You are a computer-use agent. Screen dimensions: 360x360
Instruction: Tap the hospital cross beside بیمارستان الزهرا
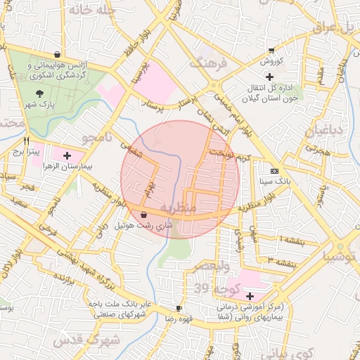coord(67,155)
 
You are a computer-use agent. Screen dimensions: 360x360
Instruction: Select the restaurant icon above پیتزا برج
coord(27,141)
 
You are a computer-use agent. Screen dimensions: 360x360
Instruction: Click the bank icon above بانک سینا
coord(274,171)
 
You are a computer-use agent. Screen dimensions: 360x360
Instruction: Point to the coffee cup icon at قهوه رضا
coord(179,308)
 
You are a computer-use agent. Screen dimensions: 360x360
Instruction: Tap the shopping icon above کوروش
coord(271,50)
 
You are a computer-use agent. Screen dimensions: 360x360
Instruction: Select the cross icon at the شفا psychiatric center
coord(250,296)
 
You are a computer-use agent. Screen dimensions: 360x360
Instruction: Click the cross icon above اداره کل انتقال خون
coord(269,76)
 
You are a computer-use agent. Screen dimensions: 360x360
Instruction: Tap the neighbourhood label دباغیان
coord(324,131)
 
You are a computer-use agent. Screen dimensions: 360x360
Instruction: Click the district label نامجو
coord(96,136)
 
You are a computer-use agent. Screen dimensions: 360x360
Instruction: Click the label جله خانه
coord(96,11)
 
